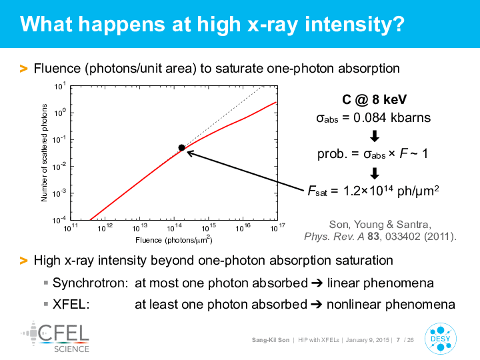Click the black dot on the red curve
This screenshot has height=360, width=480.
pyautogui.click(x=181, y=148)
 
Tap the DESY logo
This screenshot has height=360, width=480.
pyautogui.click(x=441, y=338)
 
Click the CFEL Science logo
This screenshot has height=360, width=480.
pyautogui.click(x=55, y=337)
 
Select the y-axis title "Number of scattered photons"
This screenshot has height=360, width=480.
pyautogui.click(x=44, y=153)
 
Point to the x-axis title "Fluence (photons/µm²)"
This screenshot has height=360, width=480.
pyautogui.click(x=174, y=239)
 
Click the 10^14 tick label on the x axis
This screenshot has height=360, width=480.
pyautogui.click(x=174, y=227)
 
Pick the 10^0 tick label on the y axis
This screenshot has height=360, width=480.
pyautogui.click(x=60, y=113)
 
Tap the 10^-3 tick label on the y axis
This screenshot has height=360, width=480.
pyautogui.click(x=59, y=193)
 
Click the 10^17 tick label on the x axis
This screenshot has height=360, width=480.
pyautogui.click(x=277, y=227)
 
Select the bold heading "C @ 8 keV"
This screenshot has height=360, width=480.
pyautogui.click(x=374, y=99)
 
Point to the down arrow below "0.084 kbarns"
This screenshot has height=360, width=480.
pyautogui.click(x=375, y=136)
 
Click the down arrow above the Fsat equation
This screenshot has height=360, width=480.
pyautogui.click(x=375, y=173)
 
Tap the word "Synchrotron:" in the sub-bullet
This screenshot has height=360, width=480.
pyautogui.click(x=90, y=283)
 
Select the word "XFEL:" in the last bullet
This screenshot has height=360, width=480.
pyautogui.click(x=71, y=304)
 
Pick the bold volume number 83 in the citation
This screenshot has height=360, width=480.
pyautogui.click(x=373, y=236)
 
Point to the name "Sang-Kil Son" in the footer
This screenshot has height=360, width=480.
pyautogui.click(x=271, y=340)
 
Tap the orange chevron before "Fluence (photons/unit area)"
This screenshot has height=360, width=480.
pyautogui.click(x=23, y=69)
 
